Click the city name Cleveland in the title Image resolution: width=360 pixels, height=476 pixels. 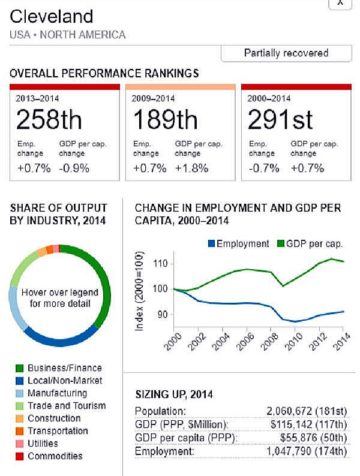[52, 16]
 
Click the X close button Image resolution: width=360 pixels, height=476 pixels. [340, 3]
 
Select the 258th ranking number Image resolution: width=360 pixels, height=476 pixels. [49, 120]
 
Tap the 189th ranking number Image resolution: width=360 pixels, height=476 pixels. [165, 120]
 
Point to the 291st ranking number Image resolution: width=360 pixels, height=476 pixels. [280, 120]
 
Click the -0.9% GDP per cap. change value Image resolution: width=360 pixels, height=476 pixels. [74, 168]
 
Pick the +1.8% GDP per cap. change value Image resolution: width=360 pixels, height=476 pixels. [191, 168]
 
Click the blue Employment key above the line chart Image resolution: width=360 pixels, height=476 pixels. [238, 243]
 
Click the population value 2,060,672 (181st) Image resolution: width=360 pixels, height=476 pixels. [306, 411]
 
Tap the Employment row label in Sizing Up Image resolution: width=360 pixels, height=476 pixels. [159, 451]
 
